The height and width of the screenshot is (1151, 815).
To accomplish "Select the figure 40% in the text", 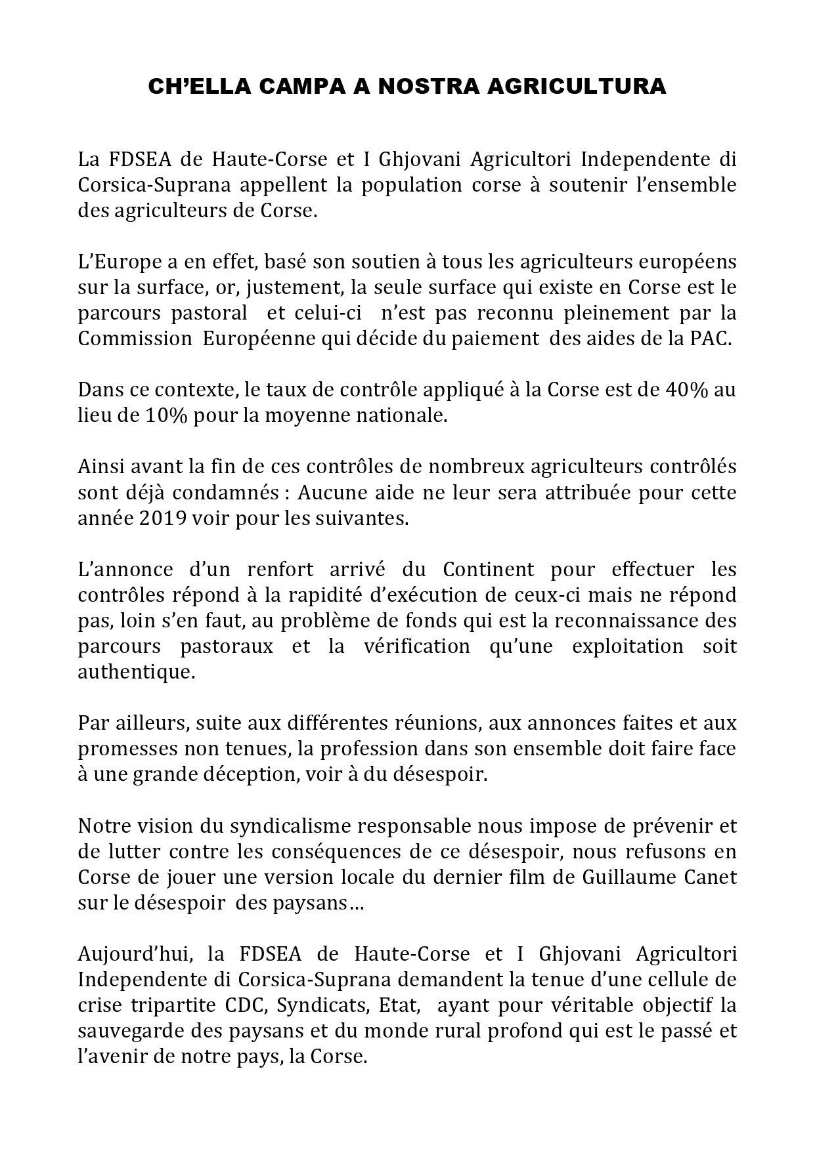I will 686,390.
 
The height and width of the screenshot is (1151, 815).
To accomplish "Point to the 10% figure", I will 156,416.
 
